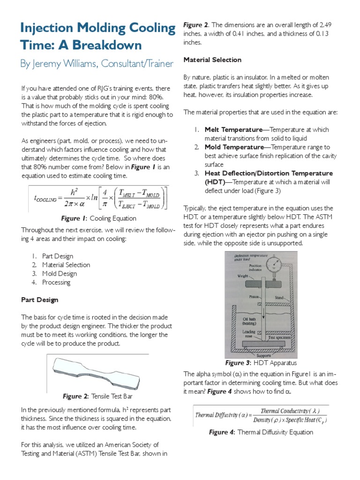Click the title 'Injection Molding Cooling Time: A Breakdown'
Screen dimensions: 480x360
coord(97,37)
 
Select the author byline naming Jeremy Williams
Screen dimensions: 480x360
coord(97,63)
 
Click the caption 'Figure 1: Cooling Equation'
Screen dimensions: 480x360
coord(98,218)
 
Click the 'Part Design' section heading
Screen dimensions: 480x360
coord(40,300)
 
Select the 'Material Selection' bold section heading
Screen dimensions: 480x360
coord(212,60)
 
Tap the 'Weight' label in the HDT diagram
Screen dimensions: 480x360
coord(243,276)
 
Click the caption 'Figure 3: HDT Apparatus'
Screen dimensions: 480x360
coord(261,363)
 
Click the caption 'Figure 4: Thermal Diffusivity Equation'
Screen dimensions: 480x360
coord(261,432)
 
